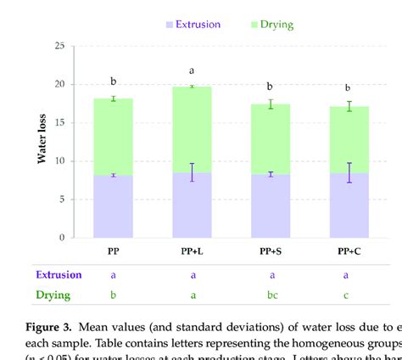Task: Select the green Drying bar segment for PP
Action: (113, 137)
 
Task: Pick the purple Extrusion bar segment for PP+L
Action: (192, 205)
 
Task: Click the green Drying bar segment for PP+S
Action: (271, 139)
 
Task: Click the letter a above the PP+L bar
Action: (192, 71)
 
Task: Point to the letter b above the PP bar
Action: (113, 82)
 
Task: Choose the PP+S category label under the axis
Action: (271, 252)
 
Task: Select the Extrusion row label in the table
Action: (59, 274)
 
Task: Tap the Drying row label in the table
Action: (52, 295)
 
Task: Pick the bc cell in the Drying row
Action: (271, 295)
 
